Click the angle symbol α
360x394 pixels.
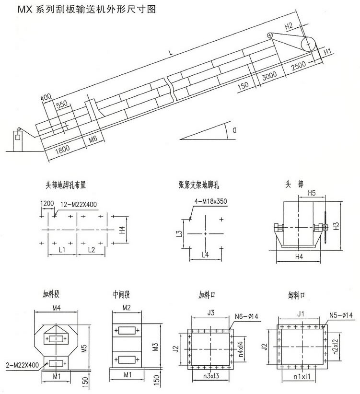point(234,129)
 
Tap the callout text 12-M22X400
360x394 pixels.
point(79,205)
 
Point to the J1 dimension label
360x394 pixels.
point(301,314)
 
